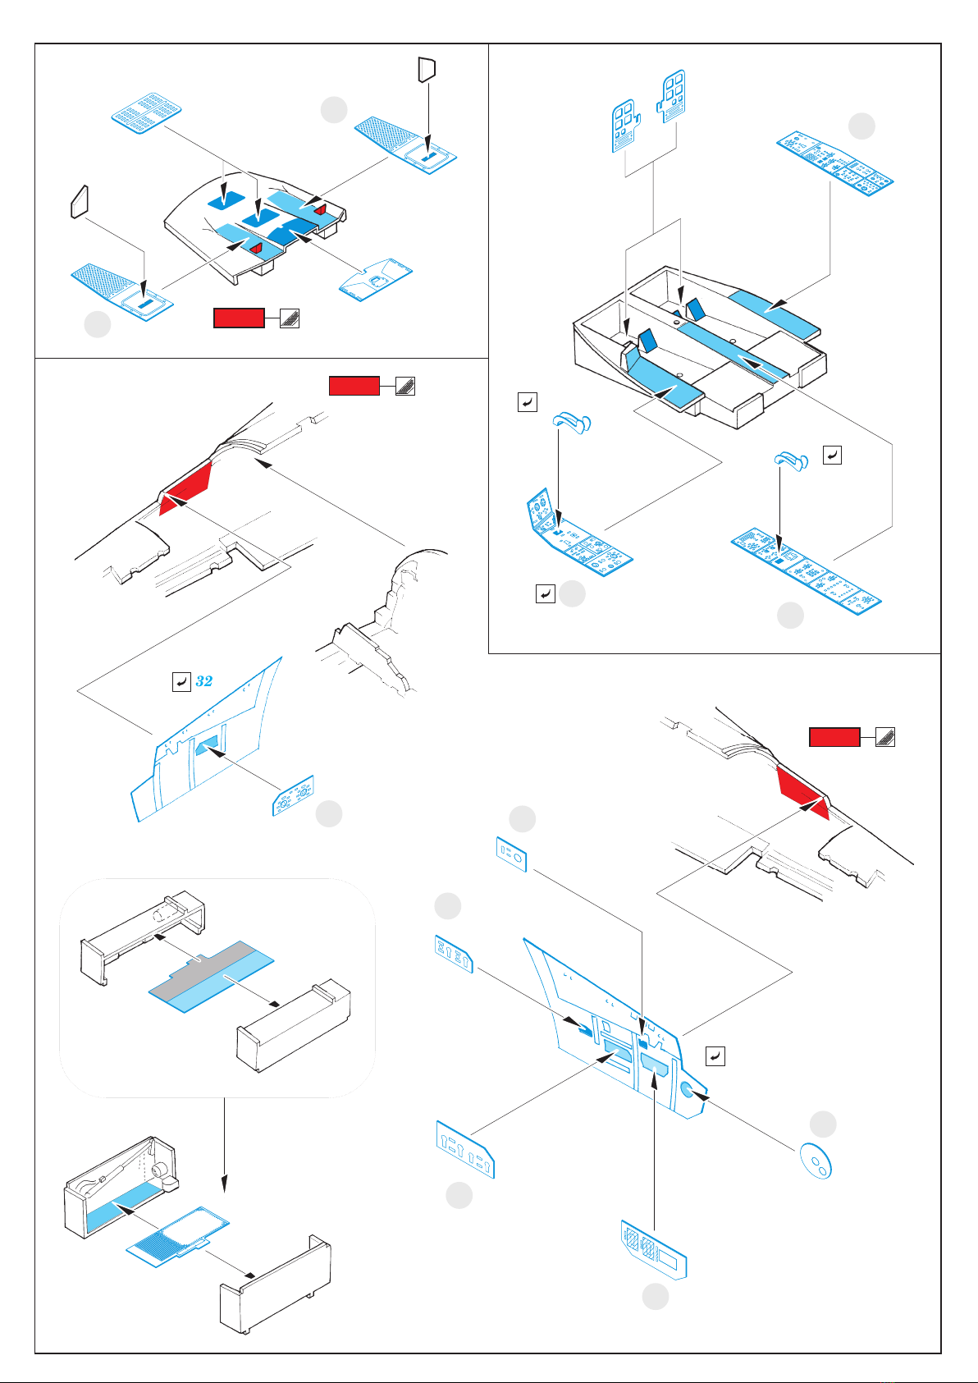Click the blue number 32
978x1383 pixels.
coord(204,681)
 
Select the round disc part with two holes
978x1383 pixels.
coord(816,1160)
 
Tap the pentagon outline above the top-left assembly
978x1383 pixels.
coord(427,69)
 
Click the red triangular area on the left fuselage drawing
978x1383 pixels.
coord(187,488)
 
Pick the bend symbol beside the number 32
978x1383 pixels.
coord(181,681)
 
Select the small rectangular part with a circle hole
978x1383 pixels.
coord(511,854)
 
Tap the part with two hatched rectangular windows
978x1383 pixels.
coord(653,1249)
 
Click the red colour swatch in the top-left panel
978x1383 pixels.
coord(239,318)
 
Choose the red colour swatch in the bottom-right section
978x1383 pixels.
coord(834,737)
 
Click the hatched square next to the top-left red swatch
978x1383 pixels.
coord(290,318)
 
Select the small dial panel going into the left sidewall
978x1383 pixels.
coord(293,795)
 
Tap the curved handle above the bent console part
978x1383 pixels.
coord(572,423)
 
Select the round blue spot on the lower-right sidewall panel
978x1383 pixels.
coord(689,1090)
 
